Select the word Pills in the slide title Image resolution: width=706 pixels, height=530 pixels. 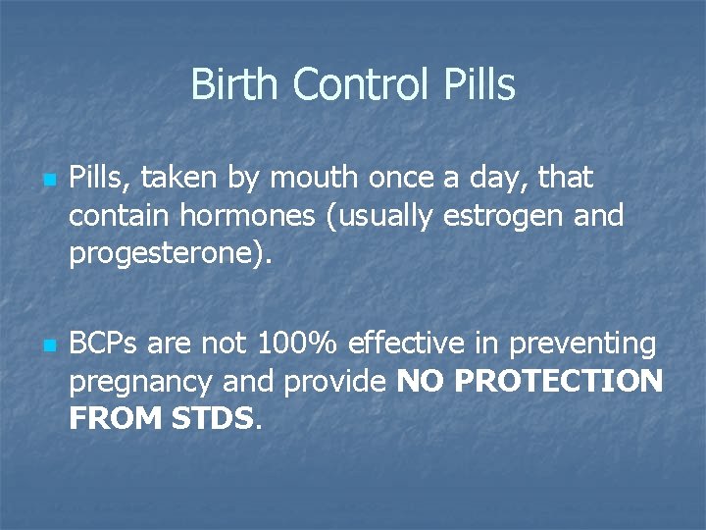tap(478, 84)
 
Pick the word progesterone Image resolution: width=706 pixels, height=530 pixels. tap(155, 253)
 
